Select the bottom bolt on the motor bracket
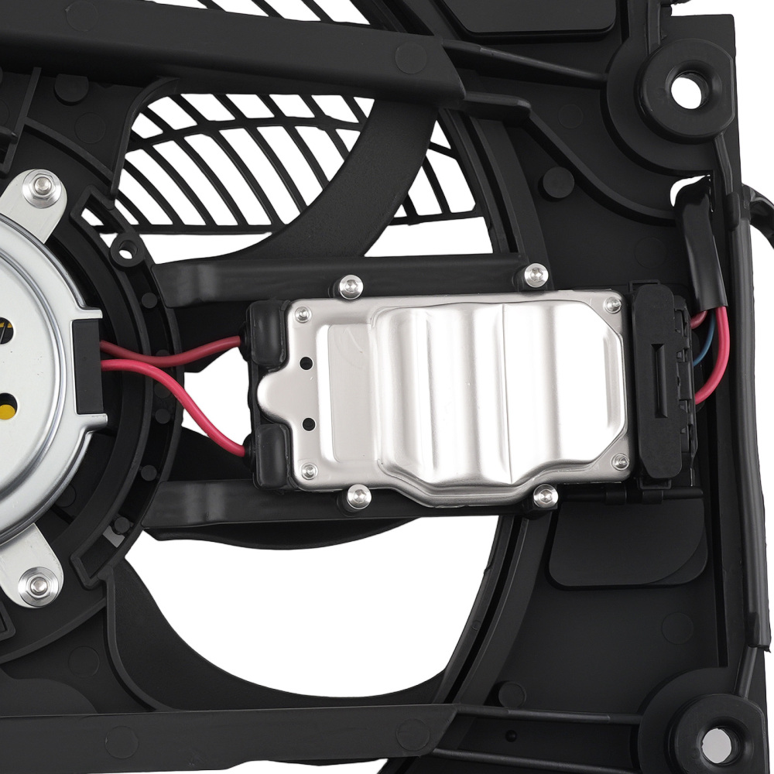(x=37, y=584)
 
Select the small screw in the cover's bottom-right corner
(x=619, y=462)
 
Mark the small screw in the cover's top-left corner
(x=303, y=313)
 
